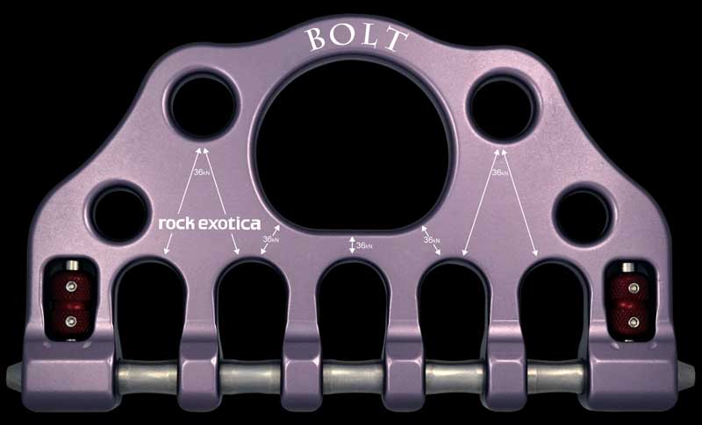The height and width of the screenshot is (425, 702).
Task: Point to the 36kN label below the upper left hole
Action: click(202, 174)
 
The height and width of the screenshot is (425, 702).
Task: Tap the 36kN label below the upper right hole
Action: click(500, 174)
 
